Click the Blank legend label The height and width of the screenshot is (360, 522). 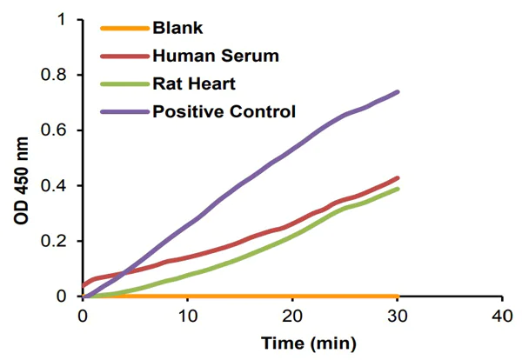point(177,29)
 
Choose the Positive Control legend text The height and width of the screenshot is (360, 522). point(224,111)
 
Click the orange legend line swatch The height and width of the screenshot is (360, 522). point(124,29)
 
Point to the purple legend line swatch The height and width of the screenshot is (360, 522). point(124,111)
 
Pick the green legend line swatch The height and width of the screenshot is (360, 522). point(124,84)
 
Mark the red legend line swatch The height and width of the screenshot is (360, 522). point(124,57)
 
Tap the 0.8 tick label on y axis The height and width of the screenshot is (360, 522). point(60,75)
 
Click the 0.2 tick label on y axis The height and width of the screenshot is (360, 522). point(60,241)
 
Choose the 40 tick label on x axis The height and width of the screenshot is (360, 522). point(502,314)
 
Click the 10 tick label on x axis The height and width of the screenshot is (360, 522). point(188,314)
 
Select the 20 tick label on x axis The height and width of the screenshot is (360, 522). point(292,314)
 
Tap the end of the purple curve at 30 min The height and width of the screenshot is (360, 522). point(398,91)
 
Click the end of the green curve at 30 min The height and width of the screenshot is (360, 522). point(398,189)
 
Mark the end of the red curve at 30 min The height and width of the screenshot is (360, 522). point(398,177)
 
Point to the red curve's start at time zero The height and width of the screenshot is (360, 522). point(84,285)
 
